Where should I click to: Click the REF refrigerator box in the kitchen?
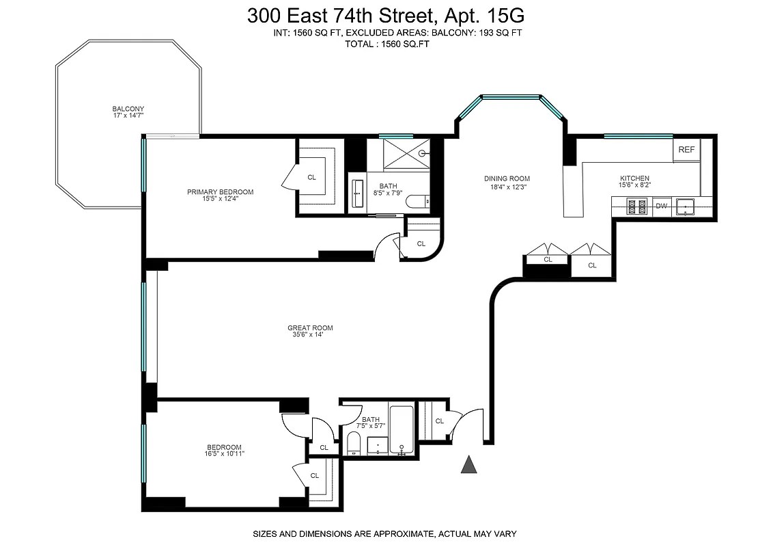pos(686,150)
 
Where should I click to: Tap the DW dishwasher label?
pos(661,206)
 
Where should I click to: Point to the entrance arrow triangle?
pos(468,465)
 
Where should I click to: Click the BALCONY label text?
pos(128,109)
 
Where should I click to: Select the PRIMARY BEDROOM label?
pos(220,192)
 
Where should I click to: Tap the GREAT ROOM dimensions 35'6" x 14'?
pos(310,335)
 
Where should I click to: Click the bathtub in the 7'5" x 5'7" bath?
pos(402,431)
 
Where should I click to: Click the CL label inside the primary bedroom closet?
pos(312,178)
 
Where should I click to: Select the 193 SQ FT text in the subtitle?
pos(499,33)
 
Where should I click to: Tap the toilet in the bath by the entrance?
pos(354,443)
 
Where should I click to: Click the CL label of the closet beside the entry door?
pos(439,421)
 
